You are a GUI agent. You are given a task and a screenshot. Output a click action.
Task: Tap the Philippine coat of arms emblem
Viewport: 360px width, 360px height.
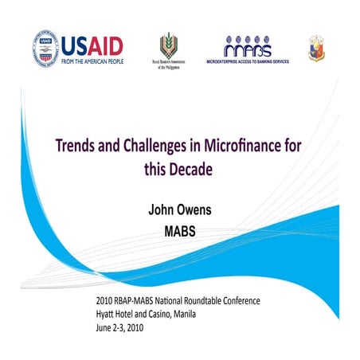coord(316,48)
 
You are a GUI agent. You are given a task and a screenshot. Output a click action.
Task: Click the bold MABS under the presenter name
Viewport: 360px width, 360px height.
coord(180,233)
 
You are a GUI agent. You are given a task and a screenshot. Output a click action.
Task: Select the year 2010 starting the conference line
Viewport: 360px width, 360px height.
coord(105,302)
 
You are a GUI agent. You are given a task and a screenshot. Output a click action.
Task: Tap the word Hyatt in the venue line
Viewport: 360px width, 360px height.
coord(107,314)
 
